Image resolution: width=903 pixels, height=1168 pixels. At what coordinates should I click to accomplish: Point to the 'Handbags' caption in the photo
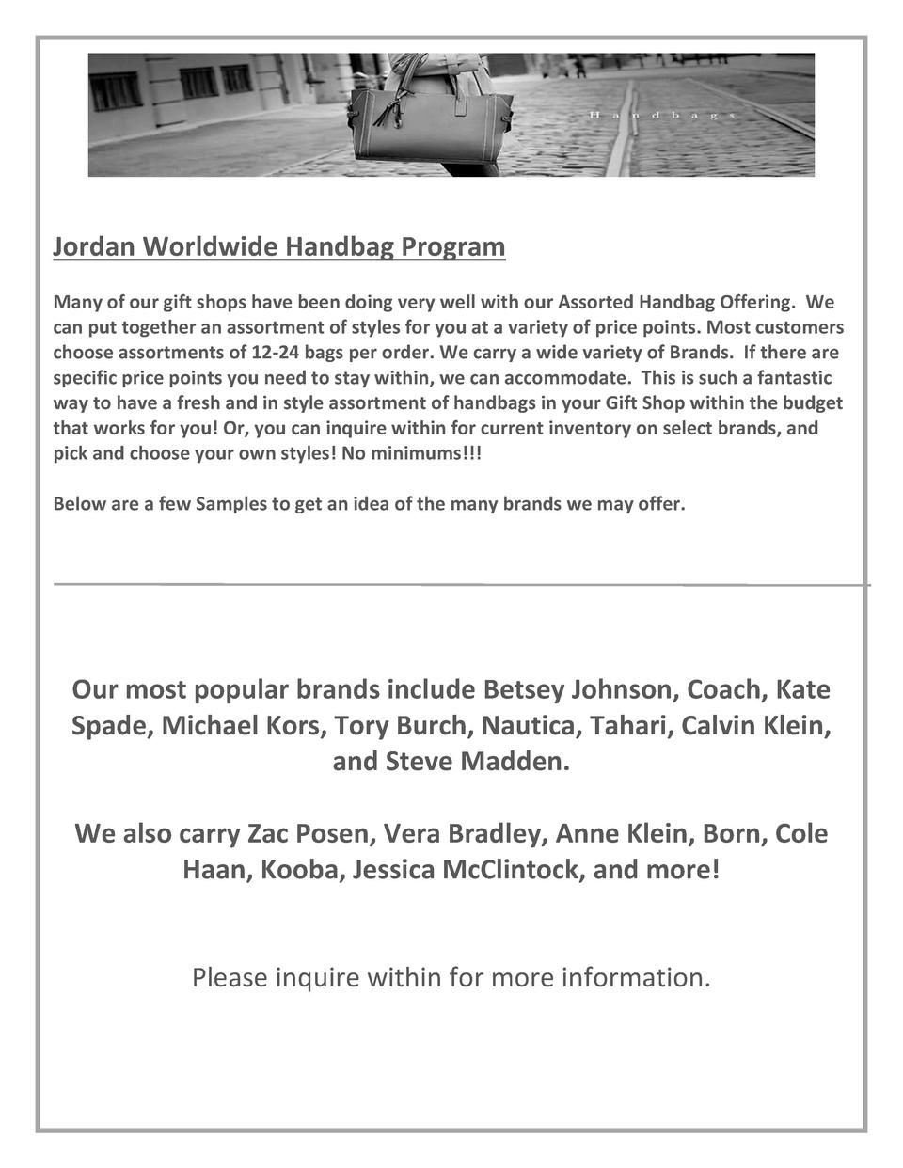(659, 115)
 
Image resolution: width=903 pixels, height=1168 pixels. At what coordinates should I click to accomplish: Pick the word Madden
(515, 761)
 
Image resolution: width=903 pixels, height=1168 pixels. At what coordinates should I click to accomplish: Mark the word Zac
(267, 834)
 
